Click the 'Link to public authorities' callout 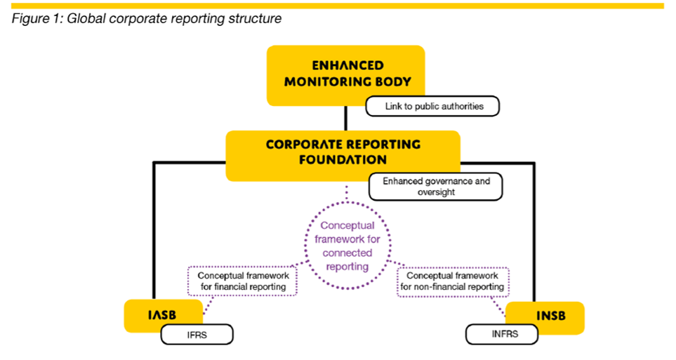(x=432, y=107)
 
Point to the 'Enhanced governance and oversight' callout (x=436, y=187)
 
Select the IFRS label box (x=197, y=335)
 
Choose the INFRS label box (x=502, y=334)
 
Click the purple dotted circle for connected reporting (x=305, y=246)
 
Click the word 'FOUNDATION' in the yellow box (x=343, y=160)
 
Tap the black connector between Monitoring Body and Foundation (x=346, y=118)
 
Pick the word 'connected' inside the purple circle (x=347, y=253)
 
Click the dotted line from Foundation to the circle (x=347, y=193)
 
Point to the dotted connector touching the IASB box (x=208, y=305)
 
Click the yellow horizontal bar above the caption (x=338, y=6)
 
